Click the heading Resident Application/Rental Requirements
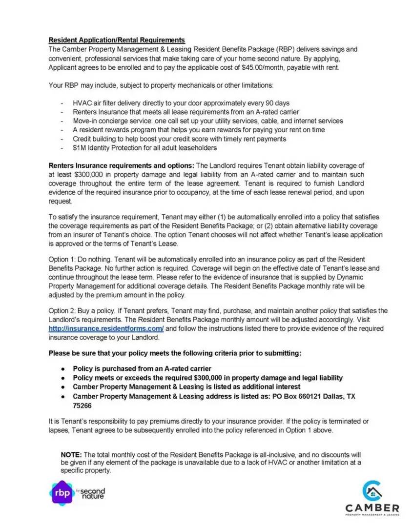click(117, 40)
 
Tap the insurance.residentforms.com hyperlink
click(106, 328)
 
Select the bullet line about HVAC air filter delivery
click(181, 103)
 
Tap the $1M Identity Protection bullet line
click(145, 148)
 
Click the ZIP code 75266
click(82, 405)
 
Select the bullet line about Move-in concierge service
click(207, 121)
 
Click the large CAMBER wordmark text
click(372, 508)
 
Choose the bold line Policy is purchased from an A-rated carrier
click(142, 368)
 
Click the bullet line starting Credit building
click(179, 139)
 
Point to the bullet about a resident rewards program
click(199, 130)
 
